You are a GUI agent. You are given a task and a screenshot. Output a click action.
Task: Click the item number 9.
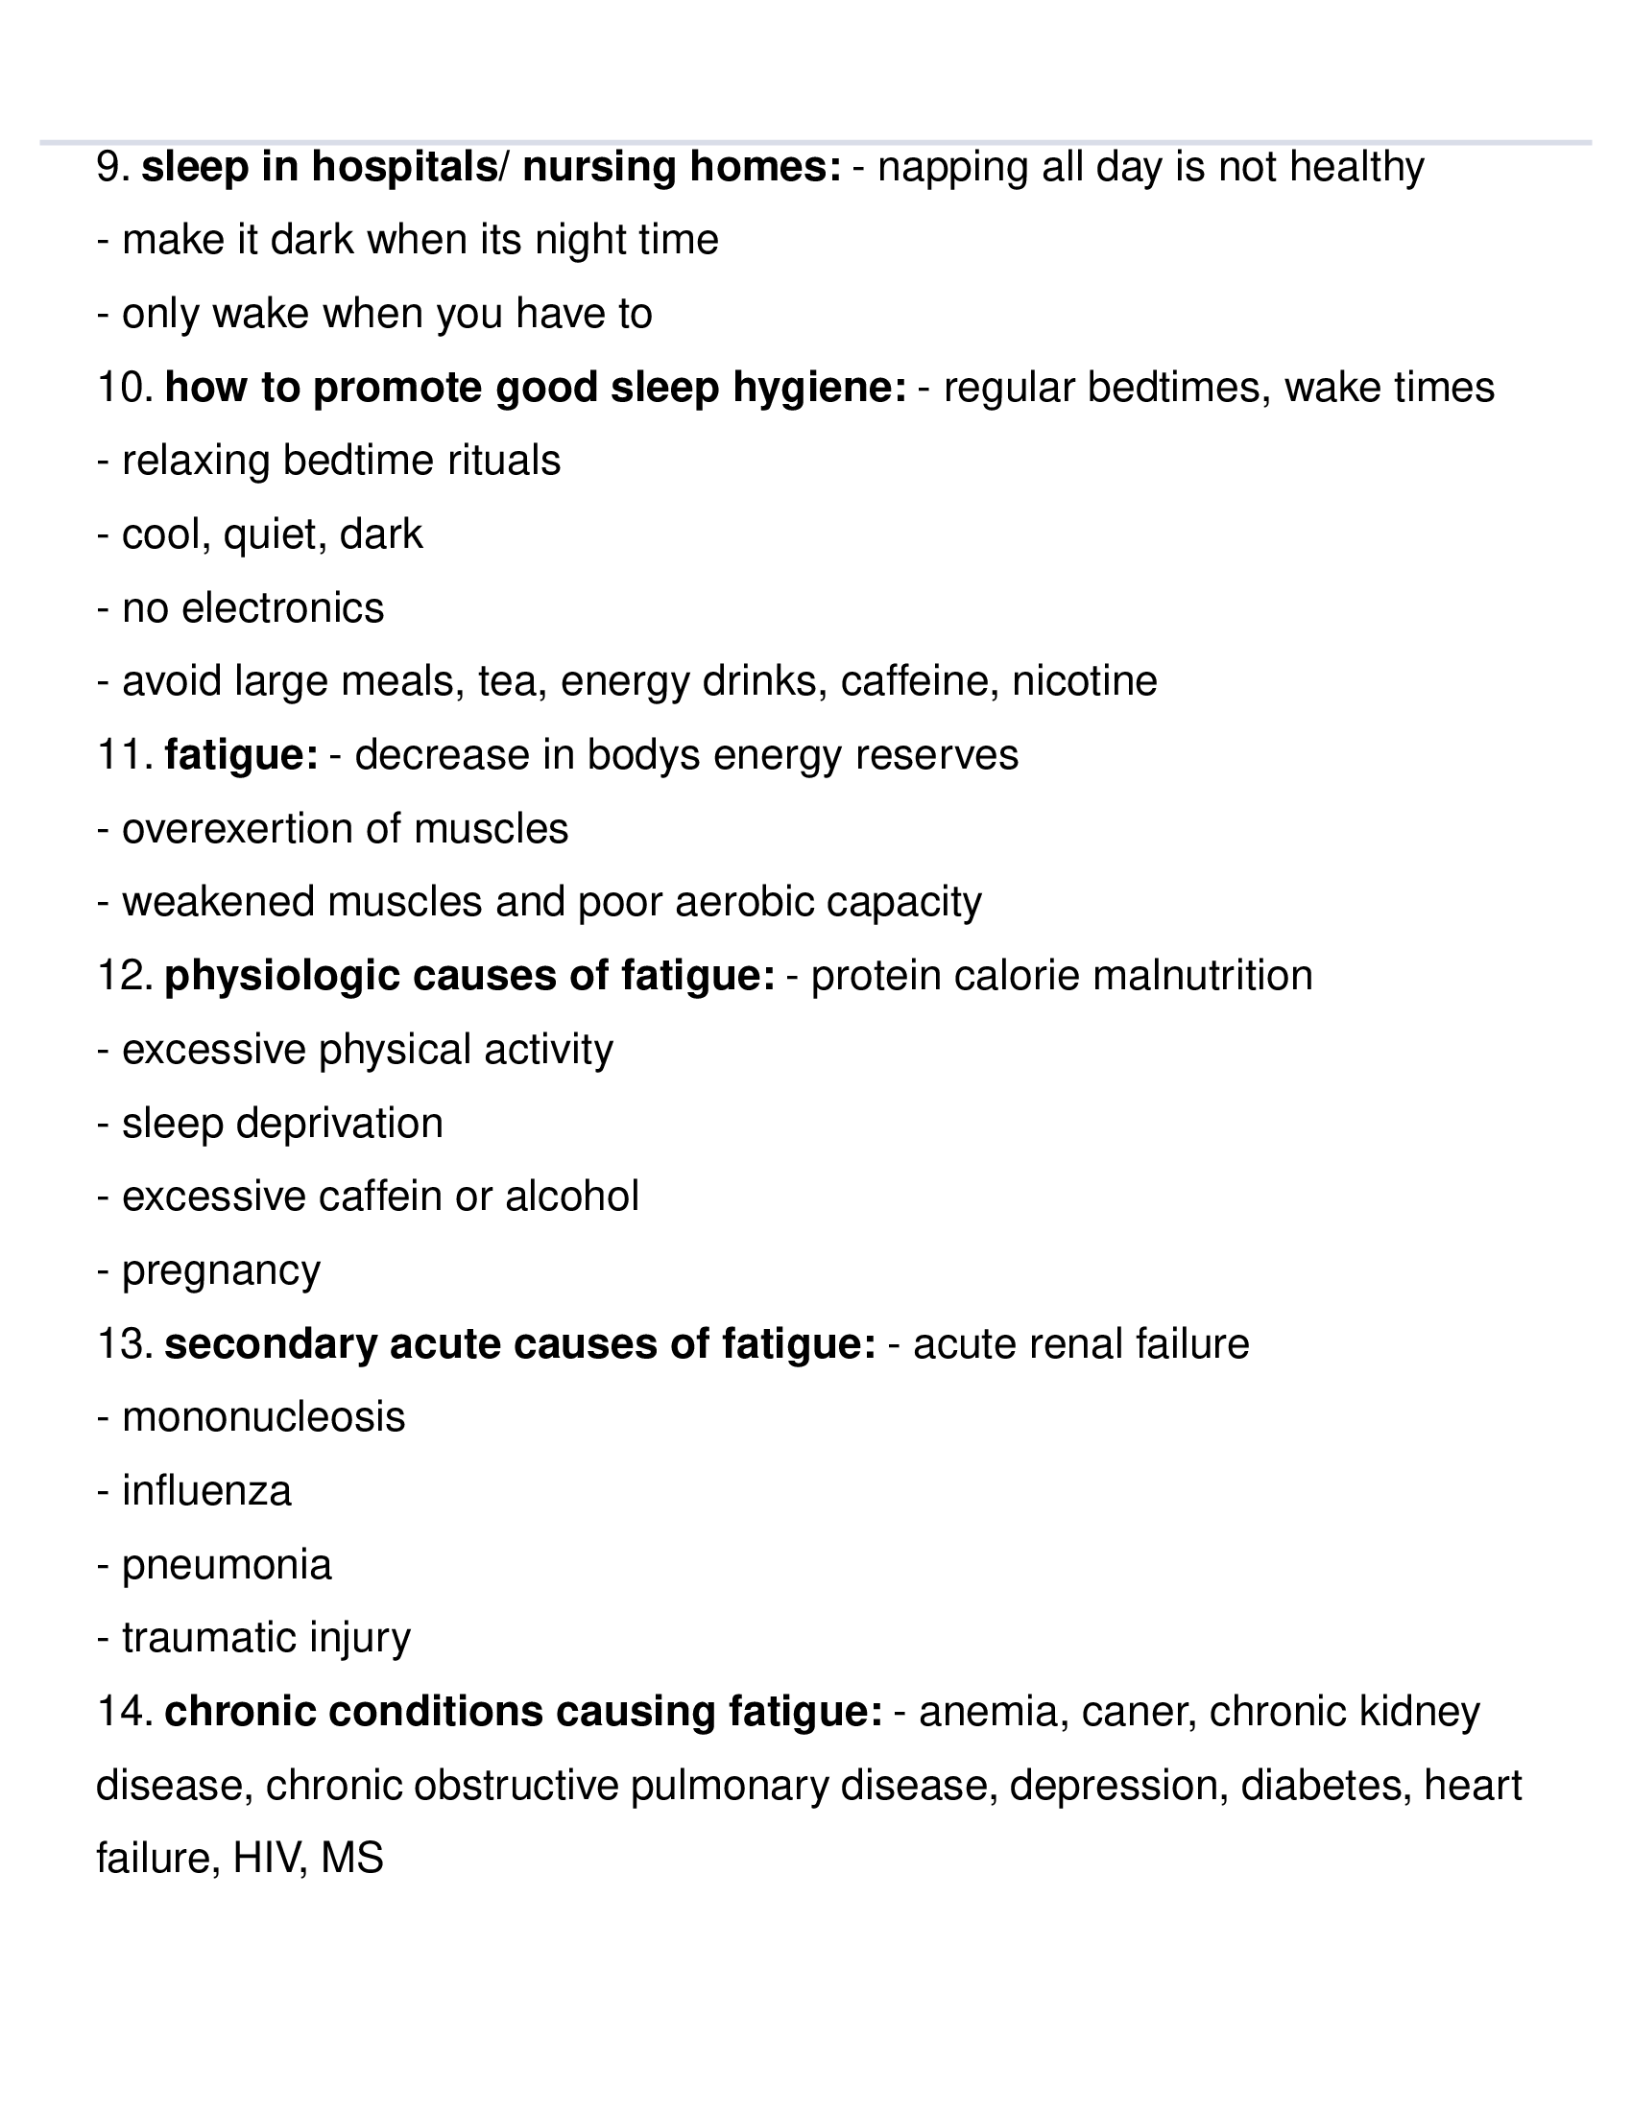[x=112, y=167]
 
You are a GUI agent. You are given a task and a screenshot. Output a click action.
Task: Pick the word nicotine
[x=1084, y=681]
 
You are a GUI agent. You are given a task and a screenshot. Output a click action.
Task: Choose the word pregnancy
[x=221, y=1270]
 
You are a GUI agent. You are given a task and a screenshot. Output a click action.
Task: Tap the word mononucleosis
[x=263, y=1418]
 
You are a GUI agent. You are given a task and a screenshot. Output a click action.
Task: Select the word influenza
[x=206, y=1491]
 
